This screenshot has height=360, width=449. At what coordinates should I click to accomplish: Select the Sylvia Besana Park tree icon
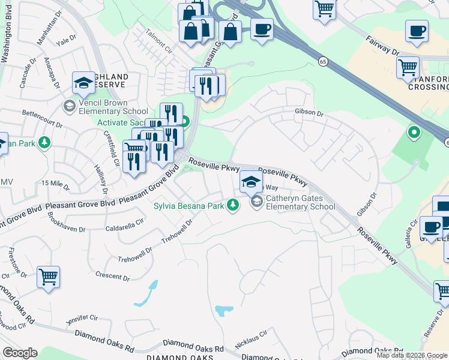[234, 206]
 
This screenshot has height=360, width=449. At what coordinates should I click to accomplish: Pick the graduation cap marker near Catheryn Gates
[252, 182]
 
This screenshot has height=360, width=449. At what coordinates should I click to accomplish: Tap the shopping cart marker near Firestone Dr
[48, 278]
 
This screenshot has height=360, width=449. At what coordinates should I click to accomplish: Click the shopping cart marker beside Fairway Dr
[408, 68]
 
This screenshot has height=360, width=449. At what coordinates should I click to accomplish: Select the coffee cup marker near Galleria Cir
[430, 227]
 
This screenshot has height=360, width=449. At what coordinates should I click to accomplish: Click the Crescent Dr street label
[112, 277]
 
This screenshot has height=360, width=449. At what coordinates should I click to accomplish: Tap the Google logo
[20, 353]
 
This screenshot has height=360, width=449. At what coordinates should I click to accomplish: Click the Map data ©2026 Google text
[412, 355]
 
